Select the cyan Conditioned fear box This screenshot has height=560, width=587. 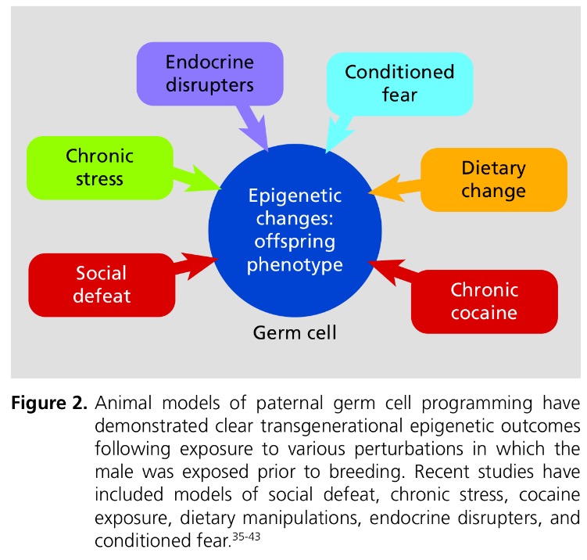(399, 84)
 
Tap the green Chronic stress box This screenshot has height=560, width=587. (100, 168)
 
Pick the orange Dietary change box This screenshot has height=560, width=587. (492, 179)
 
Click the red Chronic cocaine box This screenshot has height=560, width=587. (484, 301)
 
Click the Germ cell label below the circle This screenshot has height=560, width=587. (295, 334)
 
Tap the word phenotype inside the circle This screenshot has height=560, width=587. (295, 264)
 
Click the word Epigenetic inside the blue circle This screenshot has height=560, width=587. (295, 196)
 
